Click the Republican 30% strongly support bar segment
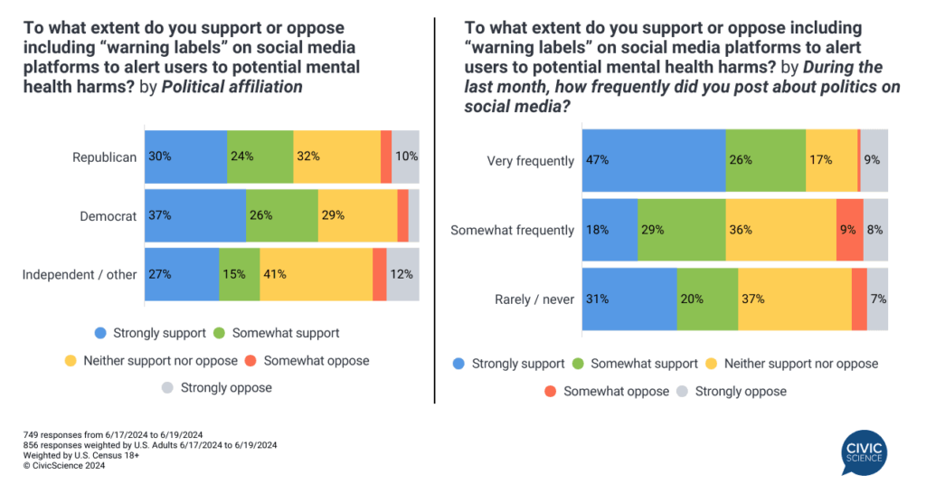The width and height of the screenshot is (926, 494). point(185,157)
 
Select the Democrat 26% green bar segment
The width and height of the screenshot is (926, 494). point(281,215)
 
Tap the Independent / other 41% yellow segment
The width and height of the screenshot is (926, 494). point(316,274)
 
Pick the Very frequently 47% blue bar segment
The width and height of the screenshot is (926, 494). point(653,160)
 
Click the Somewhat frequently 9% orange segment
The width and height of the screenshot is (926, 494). point(849,230)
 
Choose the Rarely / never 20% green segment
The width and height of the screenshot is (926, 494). point(707,299)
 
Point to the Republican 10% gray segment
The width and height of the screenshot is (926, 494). point(405,157)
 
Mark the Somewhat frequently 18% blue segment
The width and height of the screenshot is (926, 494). point(609,230)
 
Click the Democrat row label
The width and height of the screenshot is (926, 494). point(109,216)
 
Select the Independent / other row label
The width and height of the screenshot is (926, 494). point(80,274)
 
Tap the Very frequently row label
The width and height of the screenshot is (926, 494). point(530,161)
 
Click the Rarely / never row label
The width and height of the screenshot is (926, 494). point(534,299)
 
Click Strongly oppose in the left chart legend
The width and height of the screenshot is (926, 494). point(225,387)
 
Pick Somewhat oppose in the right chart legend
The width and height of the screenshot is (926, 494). point(615,391)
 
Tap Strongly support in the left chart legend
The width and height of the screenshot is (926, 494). point(160,333)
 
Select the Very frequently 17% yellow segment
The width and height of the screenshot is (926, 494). point(831,160)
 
